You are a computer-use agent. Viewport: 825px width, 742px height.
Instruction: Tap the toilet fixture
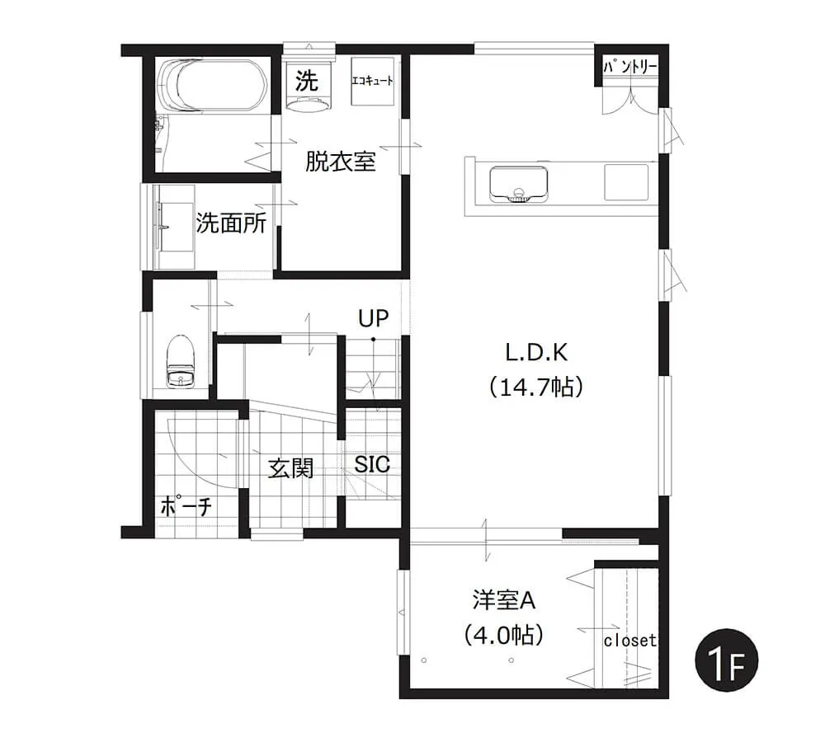click(181, 361)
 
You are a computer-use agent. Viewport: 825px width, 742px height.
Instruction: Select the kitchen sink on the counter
click(518, 184)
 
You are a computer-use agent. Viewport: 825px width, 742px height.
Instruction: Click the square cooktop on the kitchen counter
click(626, 182)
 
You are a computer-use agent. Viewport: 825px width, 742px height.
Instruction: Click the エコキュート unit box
click(373, 81)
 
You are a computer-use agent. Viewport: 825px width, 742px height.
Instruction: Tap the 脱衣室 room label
click(341, 162)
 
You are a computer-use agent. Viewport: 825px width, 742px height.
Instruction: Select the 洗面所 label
click(231, 223)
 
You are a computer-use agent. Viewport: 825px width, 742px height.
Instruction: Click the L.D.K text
click(536, 352)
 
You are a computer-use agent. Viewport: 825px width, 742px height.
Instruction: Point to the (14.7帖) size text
click(536, 387)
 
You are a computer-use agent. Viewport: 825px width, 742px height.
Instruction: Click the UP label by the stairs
click(374, 317)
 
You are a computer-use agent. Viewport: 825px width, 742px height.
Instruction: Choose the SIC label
click(372, 464)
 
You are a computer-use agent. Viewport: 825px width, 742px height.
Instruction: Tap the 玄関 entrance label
click(291, 468)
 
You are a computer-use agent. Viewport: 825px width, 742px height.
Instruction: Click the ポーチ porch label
click(186, 506)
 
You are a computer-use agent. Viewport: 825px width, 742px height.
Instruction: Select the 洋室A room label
click(503, 600)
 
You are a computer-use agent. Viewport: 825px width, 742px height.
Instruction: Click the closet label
click(629, 641)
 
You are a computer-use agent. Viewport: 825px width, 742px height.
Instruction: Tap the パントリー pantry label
click(629, 67)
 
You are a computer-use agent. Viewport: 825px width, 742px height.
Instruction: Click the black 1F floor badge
click(726, 660)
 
